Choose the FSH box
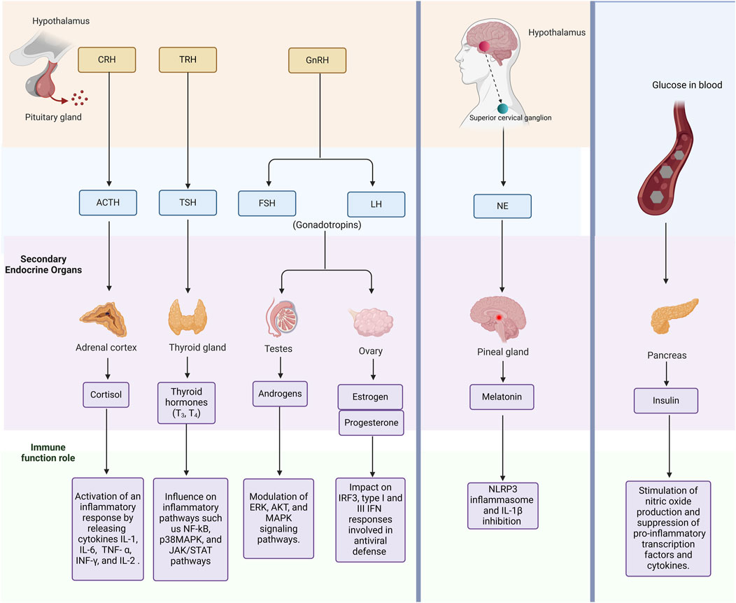coord(267,204)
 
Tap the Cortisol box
coord(106,394)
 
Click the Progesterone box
coord(371,423)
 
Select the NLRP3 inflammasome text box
coord(504,504)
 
